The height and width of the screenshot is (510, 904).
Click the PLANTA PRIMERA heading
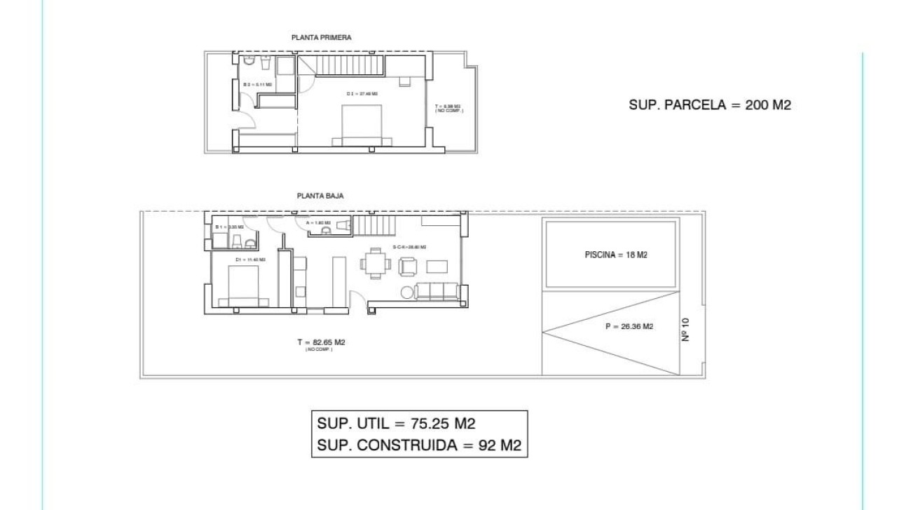point(321,37)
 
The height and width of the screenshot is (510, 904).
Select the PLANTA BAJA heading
point(320,197)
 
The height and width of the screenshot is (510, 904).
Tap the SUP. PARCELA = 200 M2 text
point(710,105)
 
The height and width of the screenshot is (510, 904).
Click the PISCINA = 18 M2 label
point(615,255)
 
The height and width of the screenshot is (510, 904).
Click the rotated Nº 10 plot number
point(685,330)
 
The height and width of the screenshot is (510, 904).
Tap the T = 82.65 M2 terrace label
point(321,342)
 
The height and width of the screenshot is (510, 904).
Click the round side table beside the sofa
point(407,293)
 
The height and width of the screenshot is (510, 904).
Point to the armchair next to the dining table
point(407,266)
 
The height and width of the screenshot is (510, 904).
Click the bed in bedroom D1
point(242,289)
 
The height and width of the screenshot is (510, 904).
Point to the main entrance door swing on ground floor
point(356,297)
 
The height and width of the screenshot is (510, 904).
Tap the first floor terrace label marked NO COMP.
point(448,109)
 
